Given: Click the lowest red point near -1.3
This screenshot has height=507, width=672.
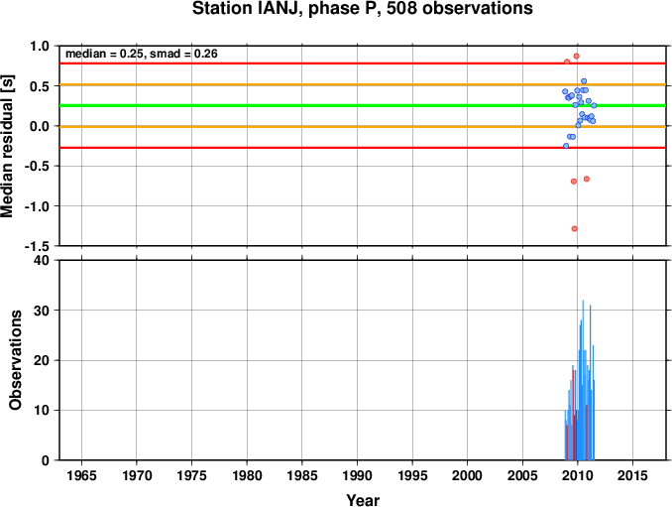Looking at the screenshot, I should point(574,228).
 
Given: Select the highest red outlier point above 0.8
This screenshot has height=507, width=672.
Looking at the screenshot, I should point(576,56).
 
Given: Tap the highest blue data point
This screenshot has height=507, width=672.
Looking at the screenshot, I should point(584,80).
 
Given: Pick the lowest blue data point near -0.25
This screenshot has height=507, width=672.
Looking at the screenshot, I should point(566,146).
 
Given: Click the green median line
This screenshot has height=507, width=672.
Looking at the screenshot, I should point(297,105).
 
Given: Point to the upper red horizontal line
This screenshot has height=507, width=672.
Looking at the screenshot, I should point(297,63).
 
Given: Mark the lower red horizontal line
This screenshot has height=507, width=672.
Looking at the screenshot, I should point(297,147).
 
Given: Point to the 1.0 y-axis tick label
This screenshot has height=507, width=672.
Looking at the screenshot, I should point(41,46).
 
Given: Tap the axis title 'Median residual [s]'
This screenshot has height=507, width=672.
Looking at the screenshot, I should point(9,146).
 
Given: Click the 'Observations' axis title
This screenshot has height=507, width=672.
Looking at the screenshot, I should point(16,360).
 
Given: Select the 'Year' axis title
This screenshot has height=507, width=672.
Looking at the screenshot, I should point(363,500).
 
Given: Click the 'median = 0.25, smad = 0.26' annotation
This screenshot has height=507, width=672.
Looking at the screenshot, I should point(142,54).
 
